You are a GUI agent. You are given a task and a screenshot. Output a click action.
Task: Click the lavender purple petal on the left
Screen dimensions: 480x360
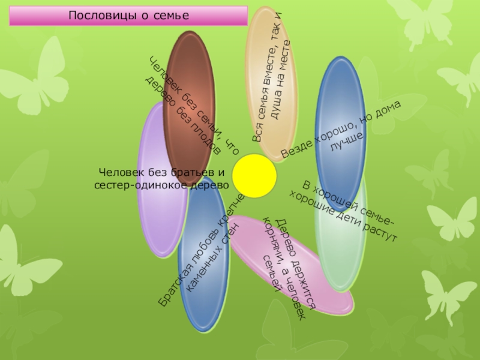tap(157, 222)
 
